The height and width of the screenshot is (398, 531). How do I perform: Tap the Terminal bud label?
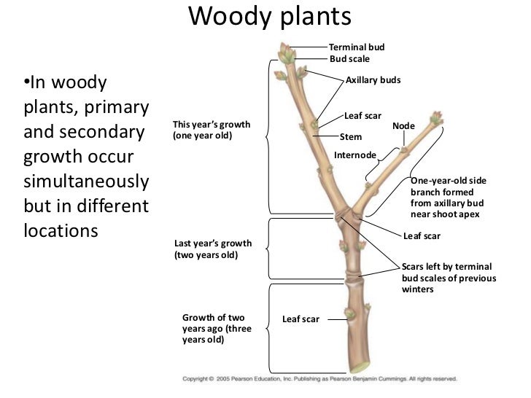(x=357, y=47)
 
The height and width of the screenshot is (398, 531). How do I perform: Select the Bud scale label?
(x=350, y=58)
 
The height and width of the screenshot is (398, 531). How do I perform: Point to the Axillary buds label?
(x=373, y=79)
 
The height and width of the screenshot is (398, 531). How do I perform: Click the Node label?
(x=403, y=126)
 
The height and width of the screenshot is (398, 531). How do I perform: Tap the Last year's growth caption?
(x=212, y=249)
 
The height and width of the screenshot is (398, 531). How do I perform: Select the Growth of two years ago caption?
(x=217, y=329)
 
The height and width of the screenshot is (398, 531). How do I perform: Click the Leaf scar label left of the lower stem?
(x=301, y=319)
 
